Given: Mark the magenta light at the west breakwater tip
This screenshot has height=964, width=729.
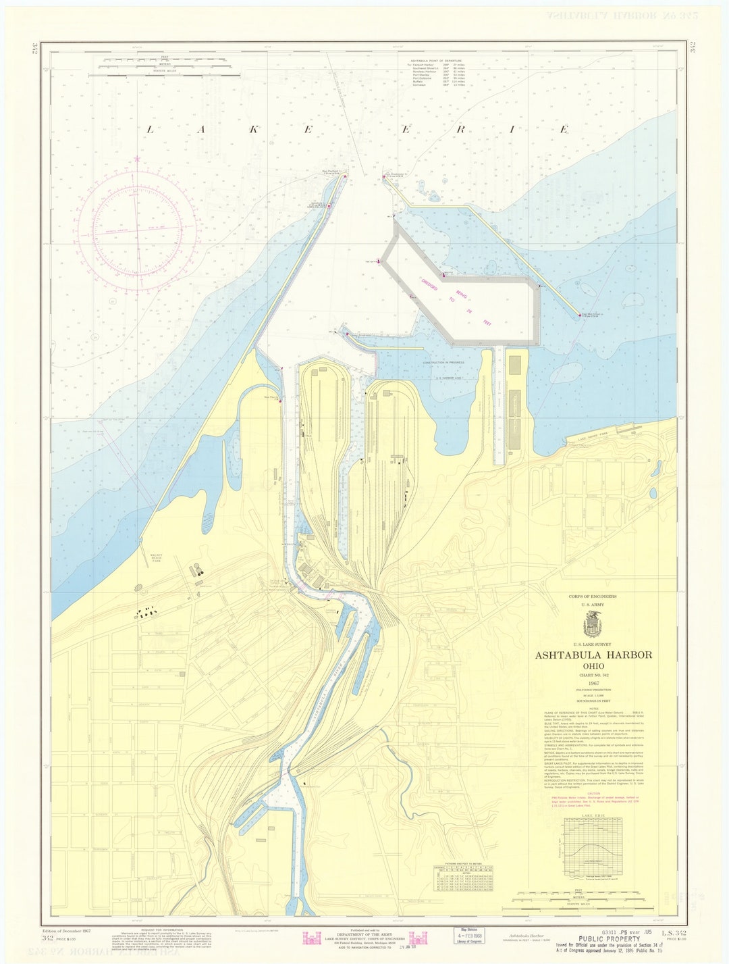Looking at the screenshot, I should (345, 176).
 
